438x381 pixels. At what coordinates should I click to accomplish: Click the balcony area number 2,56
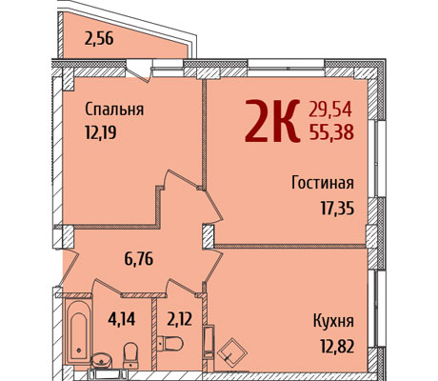tap(99, 39)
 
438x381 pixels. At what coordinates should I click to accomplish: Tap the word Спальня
tap(114, 110)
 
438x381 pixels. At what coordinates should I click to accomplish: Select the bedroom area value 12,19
tap(101, 132)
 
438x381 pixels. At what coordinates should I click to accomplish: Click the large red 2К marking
tap(272, 120)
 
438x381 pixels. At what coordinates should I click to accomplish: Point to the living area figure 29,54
tap(330, 110)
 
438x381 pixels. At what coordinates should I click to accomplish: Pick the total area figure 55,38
tap(331, 132)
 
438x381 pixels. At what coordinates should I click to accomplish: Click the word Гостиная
tap(323, 183)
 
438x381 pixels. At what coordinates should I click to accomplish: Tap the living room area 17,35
tap(337, 209)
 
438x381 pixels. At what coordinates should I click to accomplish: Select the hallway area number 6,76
tap(139, 259)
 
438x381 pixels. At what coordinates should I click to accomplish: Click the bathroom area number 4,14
tap(122, 319)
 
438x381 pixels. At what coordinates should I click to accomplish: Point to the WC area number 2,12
tap(179, 319)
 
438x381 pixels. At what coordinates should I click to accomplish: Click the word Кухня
tap(333, 321)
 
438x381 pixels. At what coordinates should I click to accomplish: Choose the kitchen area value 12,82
tap(337, 346)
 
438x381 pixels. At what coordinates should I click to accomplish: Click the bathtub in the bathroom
tap(79, 331)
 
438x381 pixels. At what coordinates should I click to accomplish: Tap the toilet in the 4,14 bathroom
tap(130, 355)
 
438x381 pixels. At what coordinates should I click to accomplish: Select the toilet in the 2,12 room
tap(170, 344)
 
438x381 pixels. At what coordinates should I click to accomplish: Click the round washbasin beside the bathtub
tap(101, 361)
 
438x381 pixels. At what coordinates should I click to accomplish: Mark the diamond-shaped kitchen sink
tap(232, 352)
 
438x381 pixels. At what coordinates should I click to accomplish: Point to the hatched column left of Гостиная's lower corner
tap(209, 236)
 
